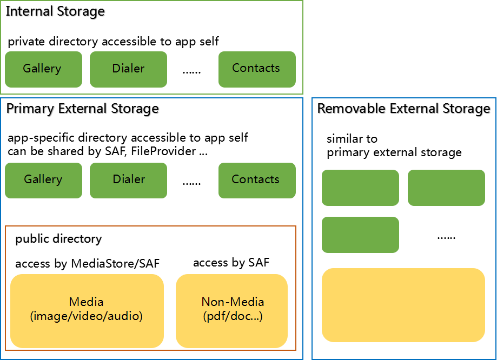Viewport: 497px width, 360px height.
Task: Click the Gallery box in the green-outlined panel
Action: point(43,69)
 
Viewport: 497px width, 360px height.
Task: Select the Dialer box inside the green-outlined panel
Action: point(128,69)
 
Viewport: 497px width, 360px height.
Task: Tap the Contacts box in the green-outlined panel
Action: point(257,69)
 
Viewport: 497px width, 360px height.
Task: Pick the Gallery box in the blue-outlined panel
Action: point(43,180)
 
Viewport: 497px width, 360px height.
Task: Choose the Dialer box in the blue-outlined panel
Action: point(128,180)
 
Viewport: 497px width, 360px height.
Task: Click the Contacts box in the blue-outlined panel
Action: point(257,180)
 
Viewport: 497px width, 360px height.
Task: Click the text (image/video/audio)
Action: point(87,316)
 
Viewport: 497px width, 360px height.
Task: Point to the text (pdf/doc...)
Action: point(233,317)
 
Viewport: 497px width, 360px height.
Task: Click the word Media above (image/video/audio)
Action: point(87,302)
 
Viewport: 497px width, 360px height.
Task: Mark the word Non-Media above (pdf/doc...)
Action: point(233,302)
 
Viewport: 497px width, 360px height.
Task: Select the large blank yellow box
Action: point(403,305)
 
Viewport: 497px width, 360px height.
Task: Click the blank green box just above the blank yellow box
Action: point(360,235)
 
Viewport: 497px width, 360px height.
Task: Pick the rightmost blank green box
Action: point(446,188)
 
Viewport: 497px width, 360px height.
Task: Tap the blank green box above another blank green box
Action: point(360,188)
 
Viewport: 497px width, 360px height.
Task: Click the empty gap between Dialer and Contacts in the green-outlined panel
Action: point(193,69)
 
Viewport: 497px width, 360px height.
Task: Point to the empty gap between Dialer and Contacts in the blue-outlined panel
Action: point(193,180)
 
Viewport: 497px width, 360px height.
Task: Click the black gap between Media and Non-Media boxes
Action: point(170,311)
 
